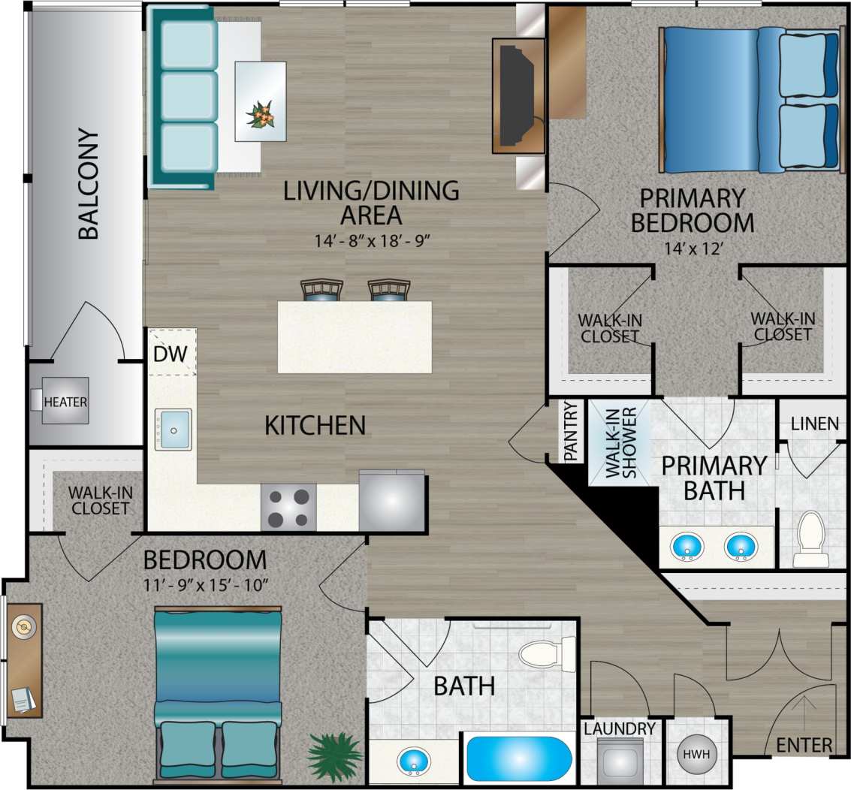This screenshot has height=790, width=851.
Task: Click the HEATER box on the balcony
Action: [65, 402]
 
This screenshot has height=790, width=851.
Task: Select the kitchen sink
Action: [173, 430]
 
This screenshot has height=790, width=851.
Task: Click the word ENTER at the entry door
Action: [804, 745]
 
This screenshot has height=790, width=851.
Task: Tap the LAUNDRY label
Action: [620, 728]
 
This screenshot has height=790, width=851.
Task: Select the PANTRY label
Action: [571, 431]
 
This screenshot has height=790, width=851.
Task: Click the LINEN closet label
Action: [814, 424]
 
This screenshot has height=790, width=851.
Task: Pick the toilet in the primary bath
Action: [810, 538]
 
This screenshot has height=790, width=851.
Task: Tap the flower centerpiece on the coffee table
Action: [261, 114]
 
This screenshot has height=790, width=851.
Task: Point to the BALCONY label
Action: [89, 185]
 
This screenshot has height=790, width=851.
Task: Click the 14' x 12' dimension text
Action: [692, 249]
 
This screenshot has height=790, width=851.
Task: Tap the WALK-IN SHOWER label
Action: [622, 442]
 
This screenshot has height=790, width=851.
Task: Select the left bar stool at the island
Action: [321, 291]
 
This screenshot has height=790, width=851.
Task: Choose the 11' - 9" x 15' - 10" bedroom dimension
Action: [204, 586]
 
